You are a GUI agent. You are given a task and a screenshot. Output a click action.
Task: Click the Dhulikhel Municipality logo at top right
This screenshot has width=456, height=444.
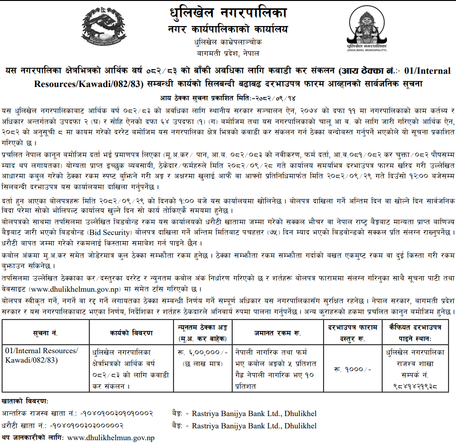point(367,30)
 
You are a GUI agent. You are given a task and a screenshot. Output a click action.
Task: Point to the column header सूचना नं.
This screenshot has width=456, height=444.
point(46,333)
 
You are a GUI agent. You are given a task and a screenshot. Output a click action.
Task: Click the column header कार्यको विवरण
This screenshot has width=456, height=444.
point(131,333)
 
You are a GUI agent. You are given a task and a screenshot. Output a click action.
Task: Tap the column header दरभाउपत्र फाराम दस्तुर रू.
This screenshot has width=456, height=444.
point(351,333)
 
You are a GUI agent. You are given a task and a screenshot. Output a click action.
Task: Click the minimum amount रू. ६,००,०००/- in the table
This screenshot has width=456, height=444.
point(202,353)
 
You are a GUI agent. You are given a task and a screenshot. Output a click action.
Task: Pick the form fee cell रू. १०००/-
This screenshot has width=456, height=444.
point(351,369)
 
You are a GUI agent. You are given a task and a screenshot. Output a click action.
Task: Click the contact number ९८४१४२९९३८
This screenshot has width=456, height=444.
point(415,387)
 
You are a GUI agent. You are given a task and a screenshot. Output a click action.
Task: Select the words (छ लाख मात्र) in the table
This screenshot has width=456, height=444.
point(202,364)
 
